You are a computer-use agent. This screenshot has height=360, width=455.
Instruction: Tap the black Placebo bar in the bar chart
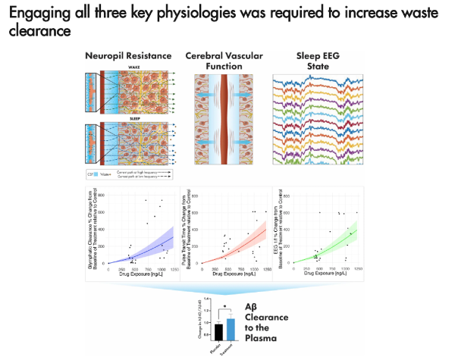(198, 331)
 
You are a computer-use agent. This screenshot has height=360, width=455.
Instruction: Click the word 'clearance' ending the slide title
(37, 31)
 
